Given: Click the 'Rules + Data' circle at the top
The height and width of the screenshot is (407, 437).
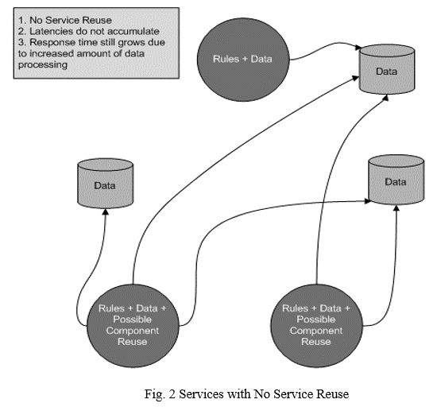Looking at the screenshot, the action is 243,60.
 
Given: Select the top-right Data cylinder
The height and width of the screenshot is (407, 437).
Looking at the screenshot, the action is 387,69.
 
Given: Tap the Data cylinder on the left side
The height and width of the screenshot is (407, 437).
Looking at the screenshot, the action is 105,183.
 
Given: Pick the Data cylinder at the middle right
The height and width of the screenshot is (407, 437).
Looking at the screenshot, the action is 396,180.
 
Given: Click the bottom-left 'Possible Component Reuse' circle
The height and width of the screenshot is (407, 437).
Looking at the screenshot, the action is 133,325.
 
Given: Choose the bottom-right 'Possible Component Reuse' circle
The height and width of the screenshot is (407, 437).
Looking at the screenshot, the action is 316,325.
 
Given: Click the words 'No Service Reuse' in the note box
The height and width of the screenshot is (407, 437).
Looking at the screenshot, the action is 71,20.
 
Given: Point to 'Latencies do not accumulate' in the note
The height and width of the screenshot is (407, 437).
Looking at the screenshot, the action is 95,31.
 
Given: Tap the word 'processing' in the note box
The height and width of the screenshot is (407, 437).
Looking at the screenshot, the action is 43,64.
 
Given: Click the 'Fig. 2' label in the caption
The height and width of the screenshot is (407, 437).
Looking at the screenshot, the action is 160,394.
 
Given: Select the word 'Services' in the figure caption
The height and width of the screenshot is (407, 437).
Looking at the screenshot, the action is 201,394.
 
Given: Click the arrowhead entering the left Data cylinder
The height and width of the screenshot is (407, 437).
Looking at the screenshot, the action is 106,211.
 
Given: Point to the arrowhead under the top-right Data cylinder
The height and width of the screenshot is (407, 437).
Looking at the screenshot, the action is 385,98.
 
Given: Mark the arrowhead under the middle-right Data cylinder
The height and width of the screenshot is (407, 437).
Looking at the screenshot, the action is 396,208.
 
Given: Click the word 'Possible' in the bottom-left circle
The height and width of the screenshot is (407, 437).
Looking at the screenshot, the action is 133,320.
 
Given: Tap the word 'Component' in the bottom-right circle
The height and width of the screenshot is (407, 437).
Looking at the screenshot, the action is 316,331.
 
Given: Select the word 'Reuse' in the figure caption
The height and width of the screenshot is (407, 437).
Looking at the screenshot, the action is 332,394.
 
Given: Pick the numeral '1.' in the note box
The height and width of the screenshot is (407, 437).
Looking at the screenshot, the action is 22,20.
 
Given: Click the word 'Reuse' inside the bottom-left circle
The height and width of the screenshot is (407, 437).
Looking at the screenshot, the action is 133,342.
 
